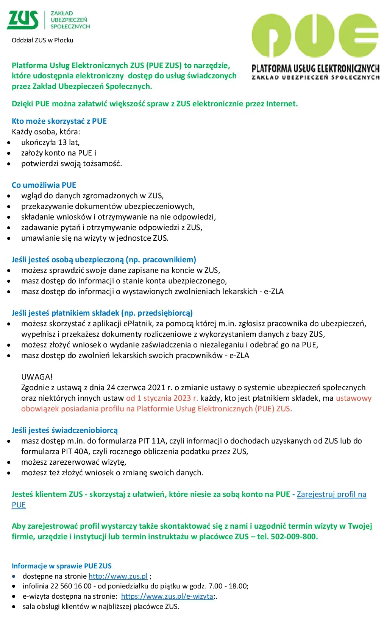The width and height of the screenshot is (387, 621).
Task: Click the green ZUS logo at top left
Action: point(23,20)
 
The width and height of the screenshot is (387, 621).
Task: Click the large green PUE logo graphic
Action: point(315,36)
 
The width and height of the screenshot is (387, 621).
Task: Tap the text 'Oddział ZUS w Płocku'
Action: point(42,40)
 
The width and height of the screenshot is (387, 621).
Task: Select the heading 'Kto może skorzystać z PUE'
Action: point(59,121)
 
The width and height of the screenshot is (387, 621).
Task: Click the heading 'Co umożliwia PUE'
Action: point(44,185)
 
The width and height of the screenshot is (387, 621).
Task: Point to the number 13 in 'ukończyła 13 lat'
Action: point(62,143)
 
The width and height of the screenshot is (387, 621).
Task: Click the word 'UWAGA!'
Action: point(37,377)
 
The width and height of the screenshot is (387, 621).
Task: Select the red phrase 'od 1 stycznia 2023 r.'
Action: point(162,398)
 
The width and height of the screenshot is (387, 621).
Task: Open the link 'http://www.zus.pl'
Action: point(118,576)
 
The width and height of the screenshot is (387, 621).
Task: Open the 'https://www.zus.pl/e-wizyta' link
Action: point(167,596)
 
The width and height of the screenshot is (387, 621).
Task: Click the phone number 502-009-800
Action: point(294,537)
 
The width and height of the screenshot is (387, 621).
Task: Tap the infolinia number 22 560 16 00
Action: point(71,586)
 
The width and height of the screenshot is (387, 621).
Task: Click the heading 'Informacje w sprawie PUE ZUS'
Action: point(62,566)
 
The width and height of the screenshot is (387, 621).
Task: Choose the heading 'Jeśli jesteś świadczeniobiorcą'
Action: point(64,430)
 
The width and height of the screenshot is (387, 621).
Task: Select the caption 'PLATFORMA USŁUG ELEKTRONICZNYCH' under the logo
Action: point(315,69)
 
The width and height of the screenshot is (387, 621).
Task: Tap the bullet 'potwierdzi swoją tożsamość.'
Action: point(72,164)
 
